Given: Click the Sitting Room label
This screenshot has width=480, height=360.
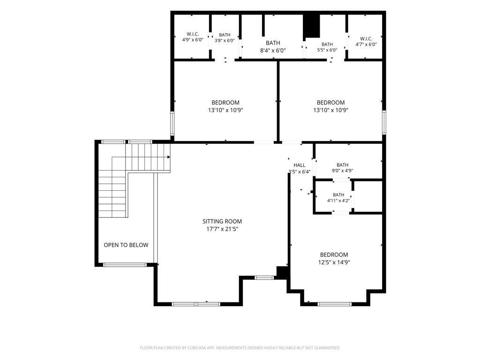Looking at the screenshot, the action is [x=222, y=221].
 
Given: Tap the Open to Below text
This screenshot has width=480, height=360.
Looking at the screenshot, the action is [x=126, y=245].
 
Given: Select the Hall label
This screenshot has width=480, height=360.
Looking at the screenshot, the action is [x=300, y=165].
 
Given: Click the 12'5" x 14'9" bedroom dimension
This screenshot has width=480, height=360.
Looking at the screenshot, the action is [x=334, y=262].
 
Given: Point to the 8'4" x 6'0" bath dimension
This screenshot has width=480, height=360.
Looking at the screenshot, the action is [x=273, y=51].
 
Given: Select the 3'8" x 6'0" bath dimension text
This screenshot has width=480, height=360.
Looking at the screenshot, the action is [x=225, y=40].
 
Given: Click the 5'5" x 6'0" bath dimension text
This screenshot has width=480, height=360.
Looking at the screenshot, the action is [x=327, y=50].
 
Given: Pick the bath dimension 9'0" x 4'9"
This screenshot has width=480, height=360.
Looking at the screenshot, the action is [x=343, y=171].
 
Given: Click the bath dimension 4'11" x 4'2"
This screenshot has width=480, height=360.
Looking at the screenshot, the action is [x=338, y=201].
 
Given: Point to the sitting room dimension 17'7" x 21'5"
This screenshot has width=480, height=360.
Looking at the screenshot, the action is [x=222, y=229].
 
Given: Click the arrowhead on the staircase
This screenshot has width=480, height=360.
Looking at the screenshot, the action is [x=169, y=157].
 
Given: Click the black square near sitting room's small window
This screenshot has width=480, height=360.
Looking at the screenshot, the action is [x=282, y=272].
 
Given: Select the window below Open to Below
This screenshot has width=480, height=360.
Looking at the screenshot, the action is [x=125, y=265].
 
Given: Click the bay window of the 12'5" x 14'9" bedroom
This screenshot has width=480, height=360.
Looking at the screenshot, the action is [x=335, y=304].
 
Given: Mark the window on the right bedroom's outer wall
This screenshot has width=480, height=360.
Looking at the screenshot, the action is [x=384, y=122].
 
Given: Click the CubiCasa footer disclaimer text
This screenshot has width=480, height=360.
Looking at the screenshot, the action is [x=240, y=348].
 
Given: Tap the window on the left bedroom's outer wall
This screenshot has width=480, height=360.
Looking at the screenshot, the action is [x=172, y=124].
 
